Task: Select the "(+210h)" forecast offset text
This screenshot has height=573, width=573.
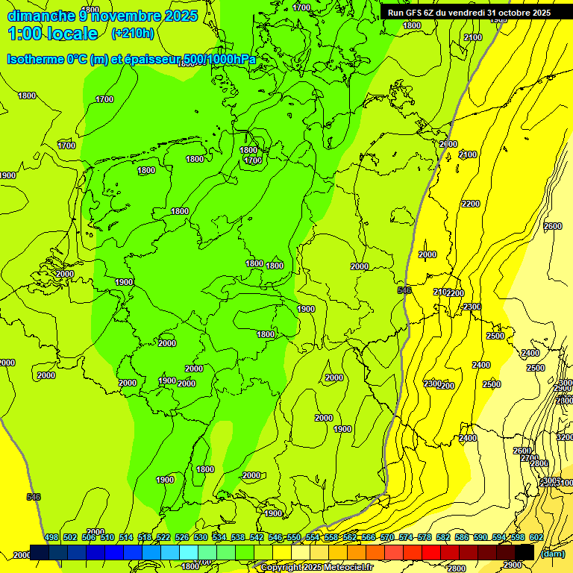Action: (133, 34)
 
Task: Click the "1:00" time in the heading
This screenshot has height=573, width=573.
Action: (22, 34)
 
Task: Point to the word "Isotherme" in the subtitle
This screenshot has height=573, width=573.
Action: (37, 60)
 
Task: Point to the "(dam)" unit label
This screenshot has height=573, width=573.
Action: (552, 554)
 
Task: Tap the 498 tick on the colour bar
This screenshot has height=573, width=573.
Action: (51, 537)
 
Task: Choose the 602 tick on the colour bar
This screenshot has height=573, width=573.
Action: (536, 537)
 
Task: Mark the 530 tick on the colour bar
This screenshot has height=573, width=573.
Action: (201, 537)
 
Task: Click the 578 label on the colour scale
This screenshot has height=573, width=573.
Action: (425, 537)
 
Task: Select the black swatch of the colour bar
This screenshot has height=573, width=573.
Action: (525, 552)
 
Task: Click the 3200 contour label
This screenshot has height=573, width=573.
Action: (565, 437)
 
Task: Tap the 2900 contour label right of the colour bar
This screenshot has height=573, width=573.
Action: (512, 565)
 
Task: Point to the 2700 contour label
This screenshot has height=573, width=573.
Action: (529, 459)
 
